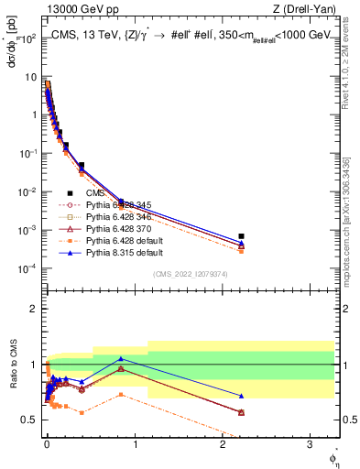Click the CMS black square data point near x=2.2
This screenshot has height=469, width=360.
coord(241,236)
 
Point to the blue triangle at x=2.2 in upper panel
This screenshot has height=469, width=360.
coord(241,243)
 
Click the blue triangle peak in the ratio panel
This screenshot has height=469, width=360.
coord(121,358)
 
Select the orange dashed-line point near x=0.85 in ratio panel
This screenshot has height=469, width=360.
coord(121,395)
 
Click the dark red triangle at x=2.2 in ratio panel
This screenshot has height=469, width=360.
coord(241,412)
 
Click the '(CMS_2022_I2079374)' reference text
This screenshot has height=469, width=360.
coord(192,274)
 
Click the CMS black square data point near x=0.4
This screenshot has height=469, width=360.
coord(82,166)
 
